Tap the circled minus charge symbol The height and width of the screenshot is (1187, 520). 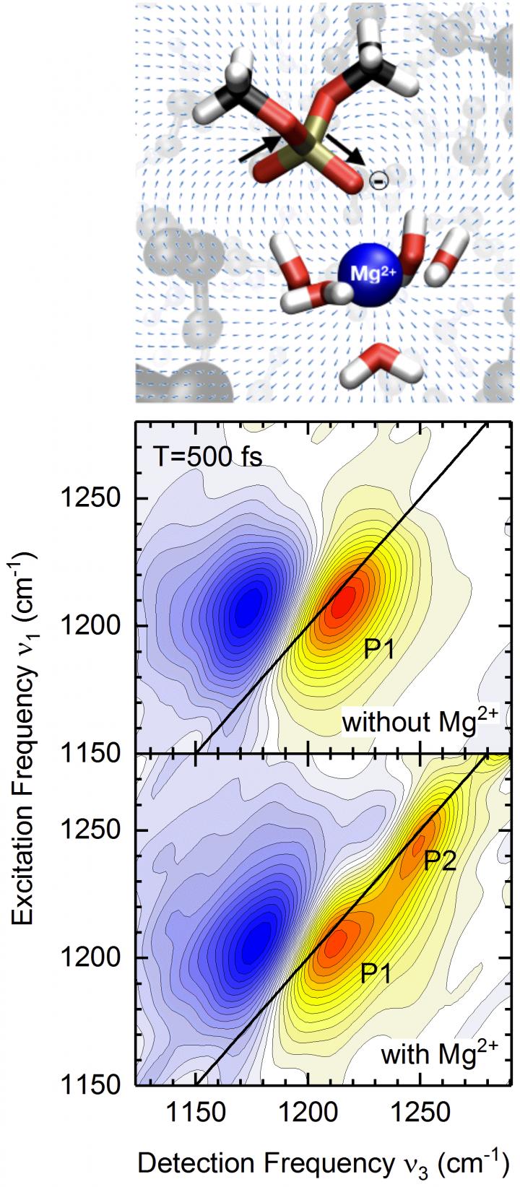378,180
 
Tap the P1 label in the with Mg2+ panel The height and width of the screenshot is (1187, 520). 376,974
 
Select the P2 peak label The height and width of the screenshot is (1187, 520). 439,861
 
